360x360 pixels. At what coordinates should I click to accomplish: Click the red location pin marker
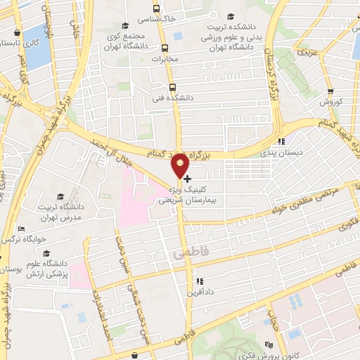(x=180, y=165)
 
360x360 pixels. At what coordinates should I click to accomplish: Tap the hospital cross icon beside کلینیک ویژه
(x=186, y=179)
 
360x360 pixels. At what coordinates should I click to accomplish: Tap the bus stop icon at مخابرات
(x=165, y=49)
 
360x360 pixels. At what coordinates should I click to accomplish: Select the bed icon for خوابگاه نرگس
(x=22, y=230)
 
